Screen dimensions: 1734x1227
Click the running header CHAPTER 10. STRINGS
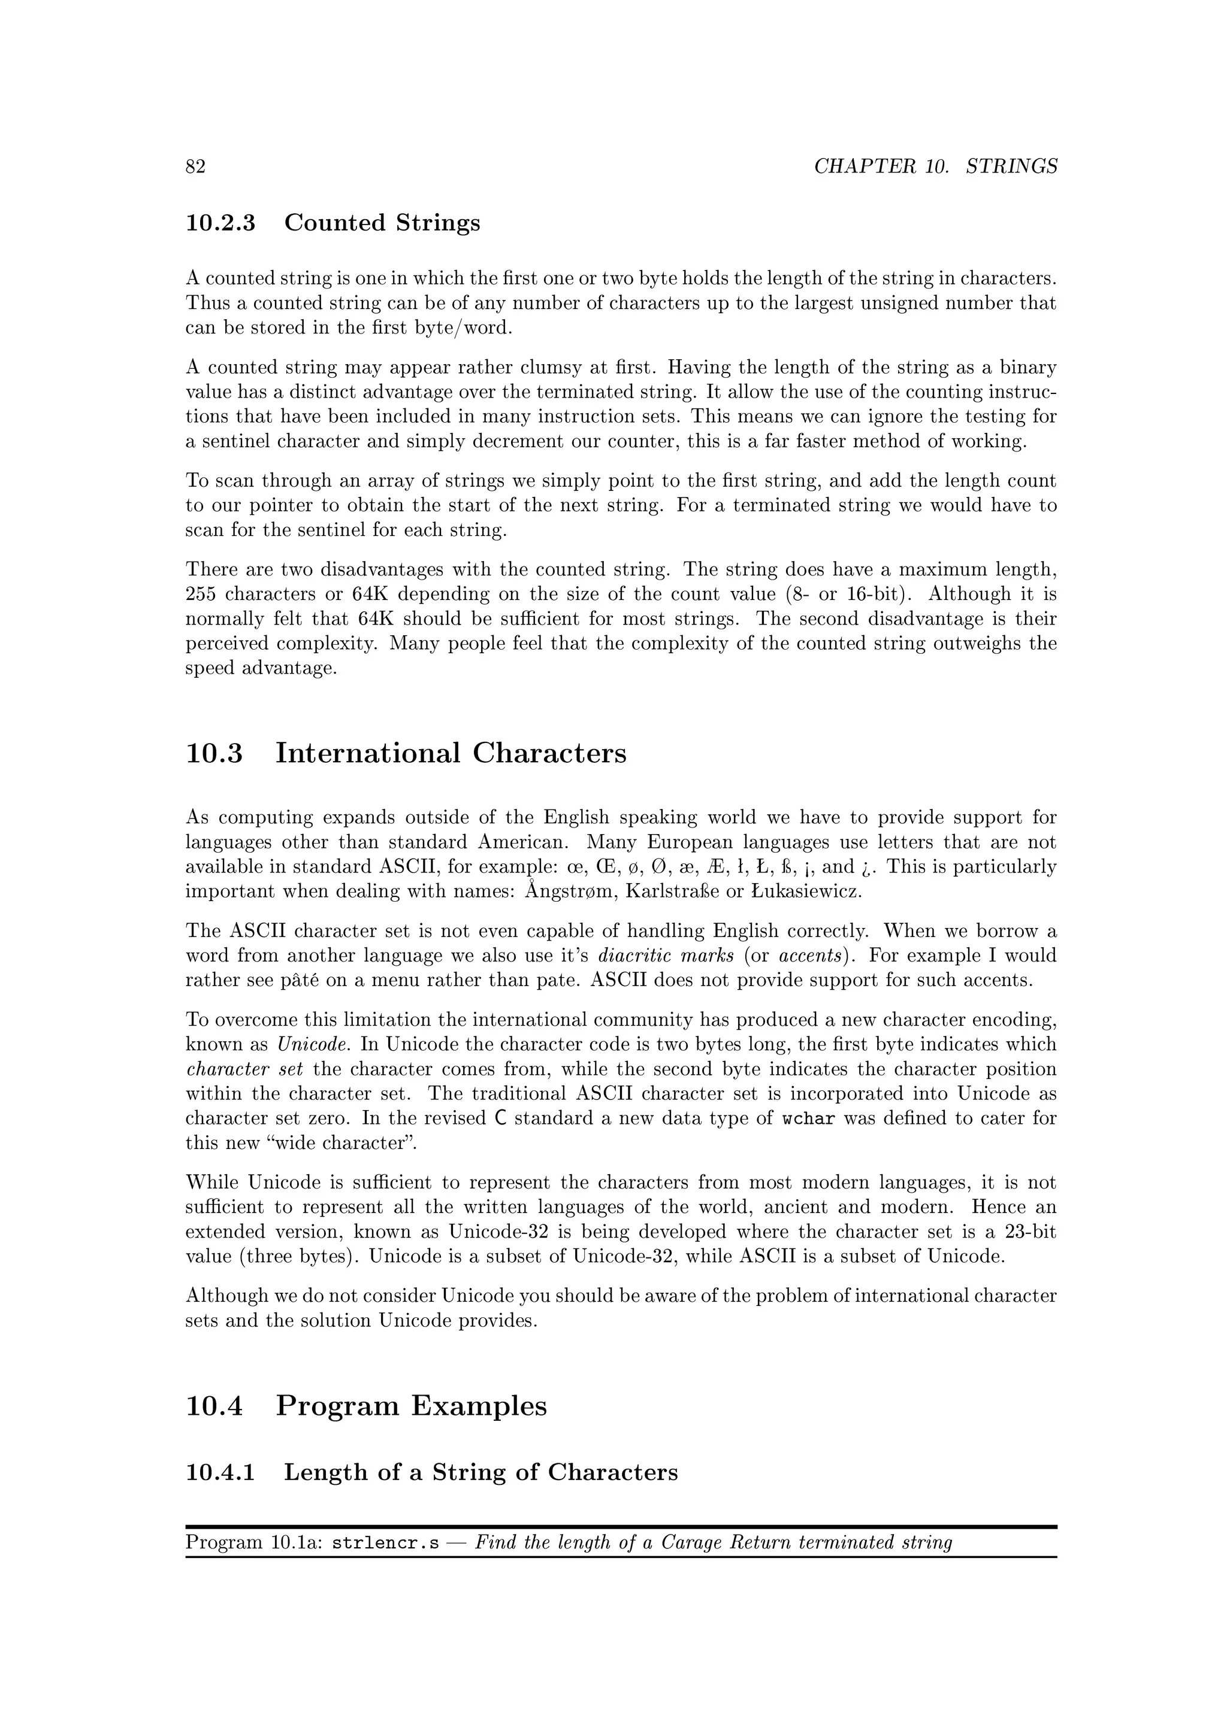click(935, 167)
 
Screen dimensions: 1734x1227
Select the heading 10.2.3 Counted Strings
click(333, 223)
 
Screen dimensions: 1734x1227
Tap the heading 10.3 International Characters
click(406, 753)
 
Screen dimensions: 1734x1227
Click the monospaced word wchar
click(808, 1118)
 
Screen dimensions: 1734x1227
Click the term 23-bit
click(1030, 1232)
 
